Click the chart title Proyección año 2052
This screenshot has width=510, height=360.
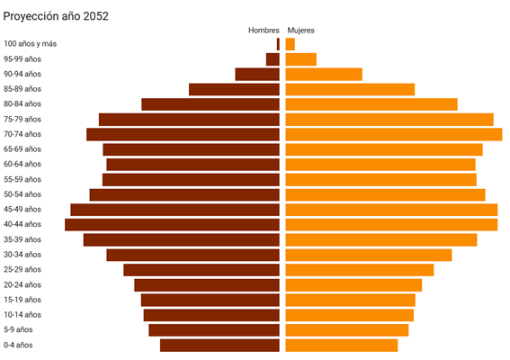pos(56,15)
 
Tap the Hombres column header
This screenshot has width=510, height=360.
pos(264,31)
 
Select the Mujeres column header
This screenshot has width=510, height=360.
pos(300,31)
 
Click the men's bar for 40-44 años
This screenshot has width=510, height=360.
pos(172,224)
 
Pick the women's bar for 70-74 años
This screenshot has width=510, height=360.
pos(394,134)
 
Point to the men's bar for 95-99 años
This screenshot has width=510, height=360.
pos(273,59)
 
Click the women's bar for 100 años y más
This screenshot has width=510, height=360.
pos(291,44)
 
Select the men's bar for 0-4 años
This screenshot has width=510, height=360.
pos(219,345)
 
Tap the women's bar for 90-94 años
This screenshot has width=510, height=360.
pos(324,74)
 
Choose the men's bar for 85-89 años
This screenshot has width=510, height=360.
pos(234,89)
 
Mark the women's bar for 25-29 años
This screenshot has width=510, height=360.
pos(360,269)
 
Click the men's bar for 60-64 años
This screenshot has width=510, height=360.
pos(192,165)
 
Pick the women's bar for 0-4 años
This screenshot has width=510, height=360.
pos(342,345)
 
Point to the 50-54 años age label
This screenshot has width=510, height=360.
pos(22,194)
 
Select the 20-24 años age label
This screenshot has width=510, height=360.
pos(22,284)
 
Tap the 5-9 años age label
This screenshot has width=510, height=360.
pos(18,329)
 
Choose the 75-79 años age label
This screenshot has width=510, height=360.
pos(22,119)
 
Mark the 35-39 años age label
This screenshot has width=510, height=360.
pos(22,239)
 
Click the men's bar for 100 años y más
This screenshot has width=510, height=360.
pos(278,44)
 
